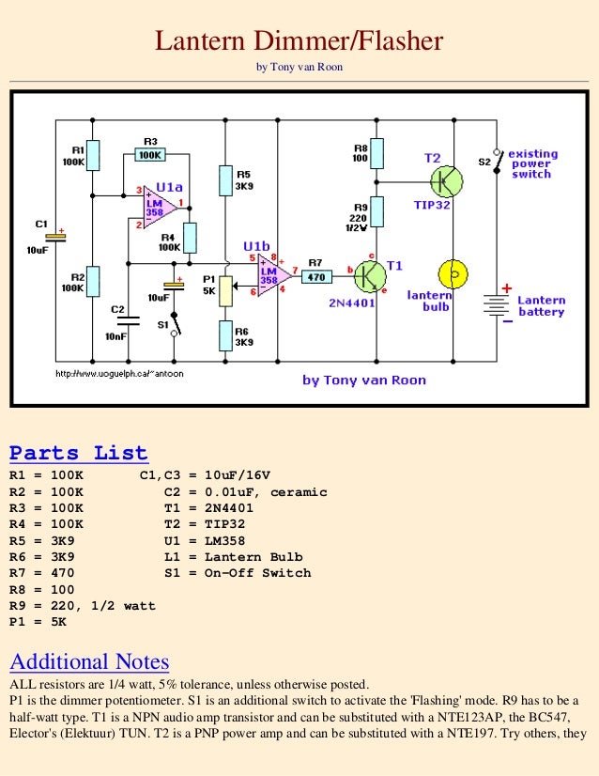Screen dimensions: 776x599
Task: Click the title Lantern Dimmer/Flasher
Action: (299, 41)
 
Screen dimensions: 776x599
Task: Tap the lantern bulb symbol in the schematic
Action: (454, 273)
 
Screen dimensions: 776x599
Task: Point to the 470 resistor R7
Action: (315, 277)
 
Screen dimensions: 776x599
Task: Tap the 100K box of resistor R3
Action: (150, 155)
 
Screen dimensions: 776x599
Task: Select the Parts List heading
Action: (79, 453)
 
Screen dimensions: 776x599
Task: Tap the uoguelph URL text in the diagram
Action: (121, 373)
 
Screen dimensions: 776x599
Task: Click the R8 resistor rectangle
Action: (376, 152)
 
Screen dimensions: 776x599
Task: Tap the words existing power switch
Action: (532, 163)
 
